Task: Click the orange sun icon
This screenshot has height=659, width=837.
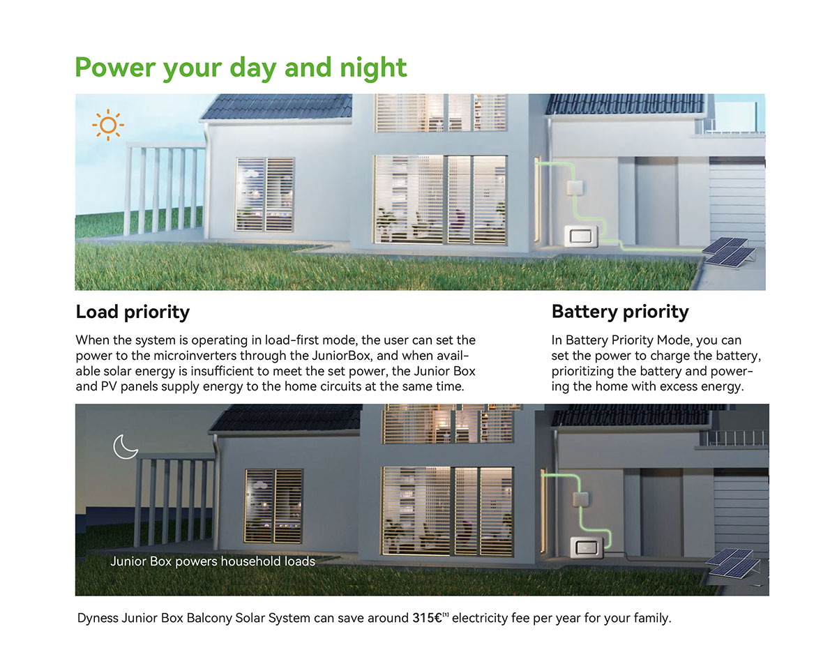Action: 108,126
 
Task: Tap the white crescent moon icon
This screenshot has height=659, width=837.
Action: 123,448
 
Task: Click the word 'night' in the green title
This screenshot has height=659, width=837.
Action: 373,68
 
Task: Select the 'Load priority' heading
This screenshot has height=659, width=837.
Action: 133,312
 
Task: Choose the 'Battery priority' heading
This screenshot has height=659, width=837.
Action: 620,312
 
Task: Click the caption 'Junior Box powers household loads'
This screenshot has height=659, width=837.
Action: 213,561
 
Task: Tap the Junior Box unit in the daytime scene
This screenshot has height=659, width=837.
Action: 582,236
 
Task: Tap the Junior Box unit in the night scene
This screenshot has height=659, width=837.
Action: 587,547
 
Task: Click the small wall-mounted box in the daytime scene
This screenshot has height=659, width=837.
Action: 575,188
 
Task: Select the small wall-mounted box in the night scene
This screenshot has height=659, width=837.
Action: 580,499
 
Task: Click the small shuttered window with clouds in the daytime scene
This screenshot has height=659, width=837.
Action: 265,195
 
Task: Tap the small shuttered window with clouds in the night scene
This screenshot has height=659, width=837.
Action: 274,506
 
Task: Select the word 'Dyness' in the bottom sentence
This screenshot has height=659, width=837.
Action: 98,618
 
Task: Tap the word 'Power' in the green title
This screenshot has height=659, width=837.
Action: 116,68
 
